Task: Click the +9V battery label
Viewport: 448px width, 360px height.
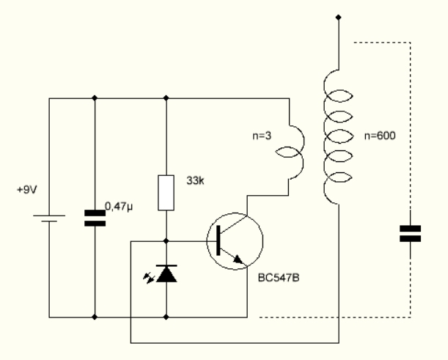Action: pyautogui.click(x=26, y=189)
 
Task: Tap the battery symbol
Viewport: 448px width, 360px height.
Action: pyautogui.click(x=49, y=218)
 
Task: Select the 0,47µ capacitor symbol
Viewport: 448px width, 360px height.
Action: pyautogui.click(x=95, y=218)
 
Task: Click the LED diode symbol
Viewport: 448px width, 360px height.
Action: pyautogui.click(x=167, y=273)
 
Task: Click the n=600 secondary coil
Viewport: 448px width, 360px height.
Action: pyautogui.click(x=339, y=137)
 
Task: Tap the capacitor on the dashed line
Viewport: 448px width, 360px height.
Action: pyautogui.click(x=409, y=234)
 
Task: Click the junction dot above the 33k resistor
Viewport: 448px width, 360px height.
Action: pyautogui.click(x=167, y=98)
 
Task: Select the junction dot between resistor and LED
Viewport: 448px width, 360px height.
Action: pyautogui.click(x=167, y=240)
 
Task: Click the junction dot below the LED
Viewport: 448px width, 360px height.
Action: pyautogui.click(x=167, y=317)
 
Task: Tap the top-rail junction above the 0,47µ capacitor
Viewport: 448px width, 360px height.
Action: pyautogui.click(x=95, y=98)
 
